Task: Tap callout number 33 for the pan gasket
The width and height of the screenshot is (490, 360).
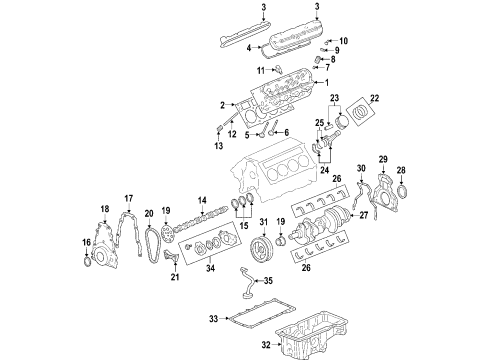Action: click(212, 319)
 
